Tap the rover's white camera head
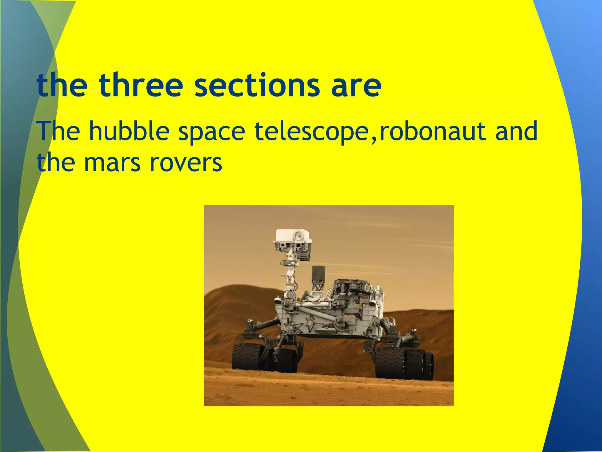click(x=292, y=237)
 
